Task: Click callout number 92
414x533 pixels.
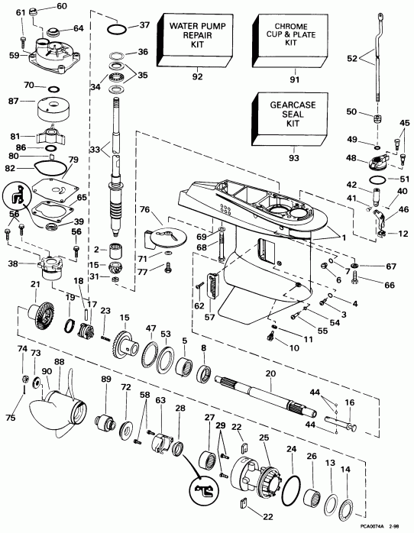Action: [196, 76]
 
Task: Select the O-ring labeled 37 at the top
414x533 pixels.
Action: [115, 29]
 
